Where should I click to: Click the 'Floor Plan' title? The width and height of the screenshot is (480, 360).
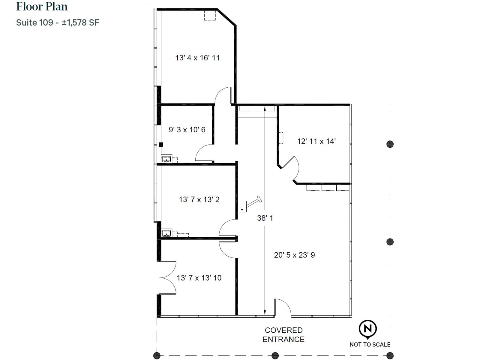click(42, 7)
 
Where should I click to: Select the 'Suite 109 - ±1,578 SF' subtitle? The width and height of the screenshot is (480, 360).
click(58, 22)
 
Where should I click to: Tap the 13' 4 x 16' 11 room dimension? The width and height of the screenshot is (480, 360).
click(197, 58)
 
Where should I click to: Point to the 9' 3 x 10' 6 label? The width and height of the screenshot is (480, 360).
click(187, 130)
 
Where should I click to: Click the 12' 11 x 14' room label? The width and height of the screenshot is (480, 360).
click(316, 141)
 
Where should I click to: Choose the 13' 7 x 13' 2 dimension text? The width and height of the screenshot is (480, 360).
click(199, 199)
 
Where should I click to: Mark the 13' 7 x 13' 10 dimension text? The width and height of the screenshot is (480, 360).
click(199, 278)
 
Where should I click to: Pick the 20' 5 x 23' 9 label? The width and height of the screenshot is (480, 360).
click(294, 255)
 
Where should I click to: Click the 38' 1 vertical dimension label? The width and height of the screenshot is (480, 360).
click(265, 218)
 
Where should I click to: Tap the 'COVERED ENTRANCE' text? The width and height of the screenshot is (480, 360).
click(283, 334)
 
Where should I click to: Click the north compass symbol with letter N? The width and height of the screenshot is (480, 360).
click(368, 329)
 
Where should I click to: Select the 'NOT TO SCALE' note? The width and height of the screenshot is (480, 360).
click(370, 344)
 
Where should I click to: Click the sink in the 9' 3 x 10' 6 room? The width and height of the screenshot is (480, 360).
click(166, 158)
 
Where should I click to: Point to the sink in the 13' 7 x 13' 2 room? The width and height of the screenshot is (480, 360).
click(166, 232)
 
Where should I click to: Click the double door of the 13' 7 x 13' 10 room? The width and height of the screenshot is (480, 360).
click(168, 277)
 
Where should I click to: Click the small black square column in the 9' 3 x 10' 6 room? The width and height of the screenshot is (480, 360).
click(161, 145)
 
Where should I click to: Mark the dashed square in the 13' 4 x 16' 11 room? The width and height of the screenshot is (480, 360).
click(210, 15)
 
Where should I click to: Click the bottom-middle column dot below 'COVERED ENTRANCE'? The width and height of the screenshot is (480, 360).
click(275, 355)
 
